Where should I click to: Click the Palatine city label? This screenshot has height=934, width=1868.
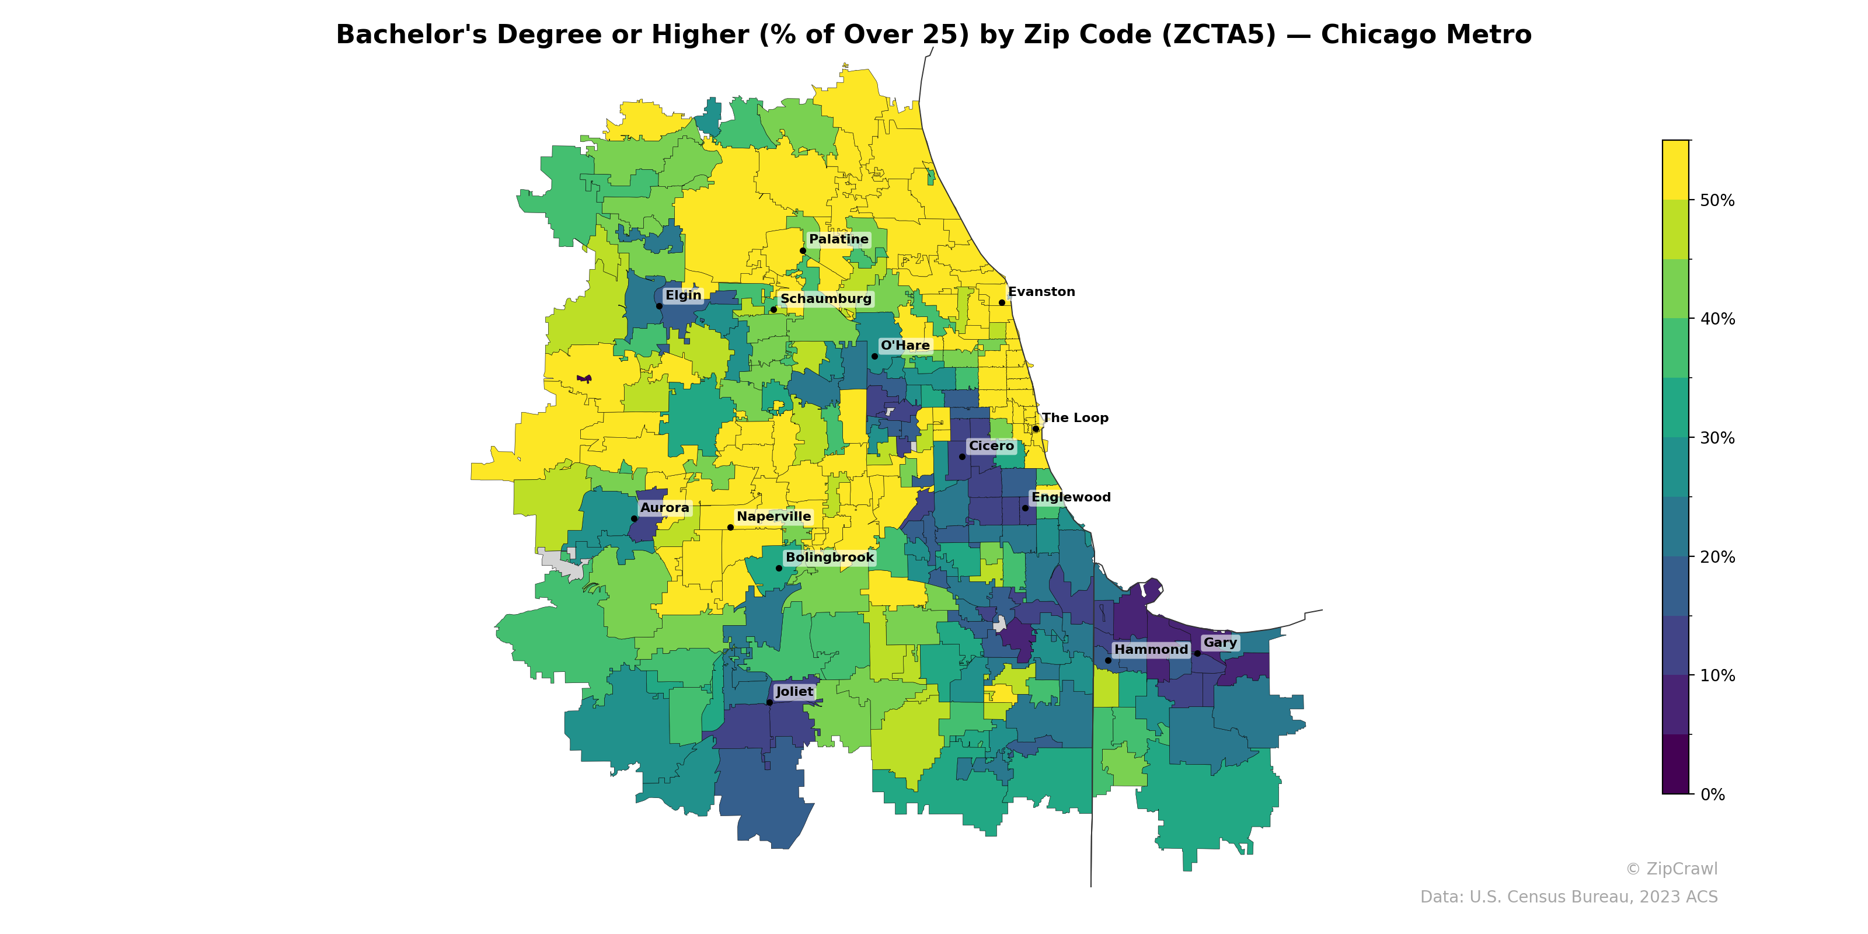click(838, 239)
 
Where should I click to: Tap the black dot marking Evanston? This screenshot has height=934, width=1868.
click(1002, 302)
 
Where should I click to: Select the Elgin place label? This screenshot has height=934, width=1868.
click(683, 295)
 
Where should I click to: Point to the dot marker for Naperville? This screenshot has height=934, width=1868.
click(730, 527)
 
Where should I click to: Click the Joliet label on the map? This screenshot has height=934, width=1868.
click(794, 692)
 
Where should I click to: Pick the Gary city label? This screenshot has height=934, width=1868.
click(1219, 643)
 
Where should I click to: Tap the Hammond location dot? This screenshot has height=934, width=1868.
click(1107, 660)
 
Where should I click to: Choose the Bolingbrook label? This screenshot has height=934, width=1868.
click(830, 557)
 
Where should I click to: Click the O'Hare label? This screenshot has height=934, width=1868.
click(905, 345)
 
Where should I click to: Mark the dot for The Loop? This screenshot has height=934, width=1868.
click(1036, 428)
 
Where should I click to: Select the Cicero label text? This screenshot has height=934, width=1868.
click(991, 446)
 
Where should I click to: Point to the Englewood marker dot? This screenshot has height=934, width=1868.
click(1024, 508)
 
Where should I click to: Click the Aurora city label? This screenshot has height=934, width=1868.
click(664, 508)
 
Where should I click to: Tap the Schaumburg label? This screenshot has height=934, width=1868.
click(825, 299)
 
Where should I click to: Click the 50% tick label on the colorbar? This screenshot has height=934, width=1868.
click(1717, 200)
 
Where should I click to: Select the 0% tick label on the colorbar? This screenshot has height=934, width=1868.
click(1712, 794)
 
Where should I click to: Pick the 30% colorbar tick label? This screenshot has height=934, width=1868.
click(1717, 438)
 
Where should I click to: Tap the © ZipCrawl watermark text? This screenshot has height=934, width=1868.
click(1671, 869)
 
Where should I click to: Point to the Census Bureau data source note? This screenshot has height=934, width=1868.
click(1569, 897)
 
